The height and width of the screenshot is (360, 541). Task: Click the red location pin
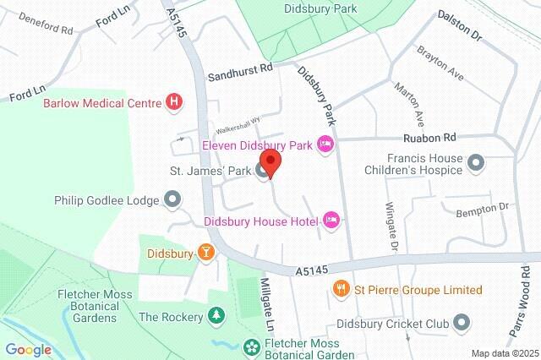(270, 163)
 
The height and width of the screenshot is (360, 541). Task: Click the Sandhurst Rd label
(242, 74)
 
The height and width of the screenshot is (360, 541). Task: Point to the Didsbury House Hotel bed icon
(332, 221)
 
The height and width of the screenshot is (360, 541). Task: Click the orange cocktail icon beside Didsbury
(204, 252)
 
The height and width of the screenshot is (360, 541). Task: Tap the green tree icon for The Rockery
(216, 317)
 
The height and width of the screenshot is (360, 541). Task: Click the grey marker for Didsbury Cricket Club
(462, 322)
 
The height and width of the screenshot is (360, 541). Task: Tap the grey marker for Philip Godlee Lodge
(173, 200)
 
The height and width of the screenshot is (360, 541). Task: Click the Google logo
(28, 349)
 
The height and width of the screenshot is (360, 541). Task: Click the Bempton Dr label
(484, 206)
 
